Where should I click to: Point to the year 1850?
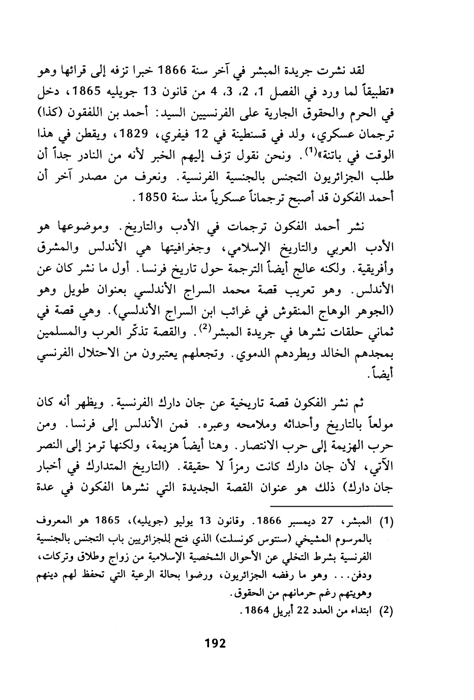pos(153,197)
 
